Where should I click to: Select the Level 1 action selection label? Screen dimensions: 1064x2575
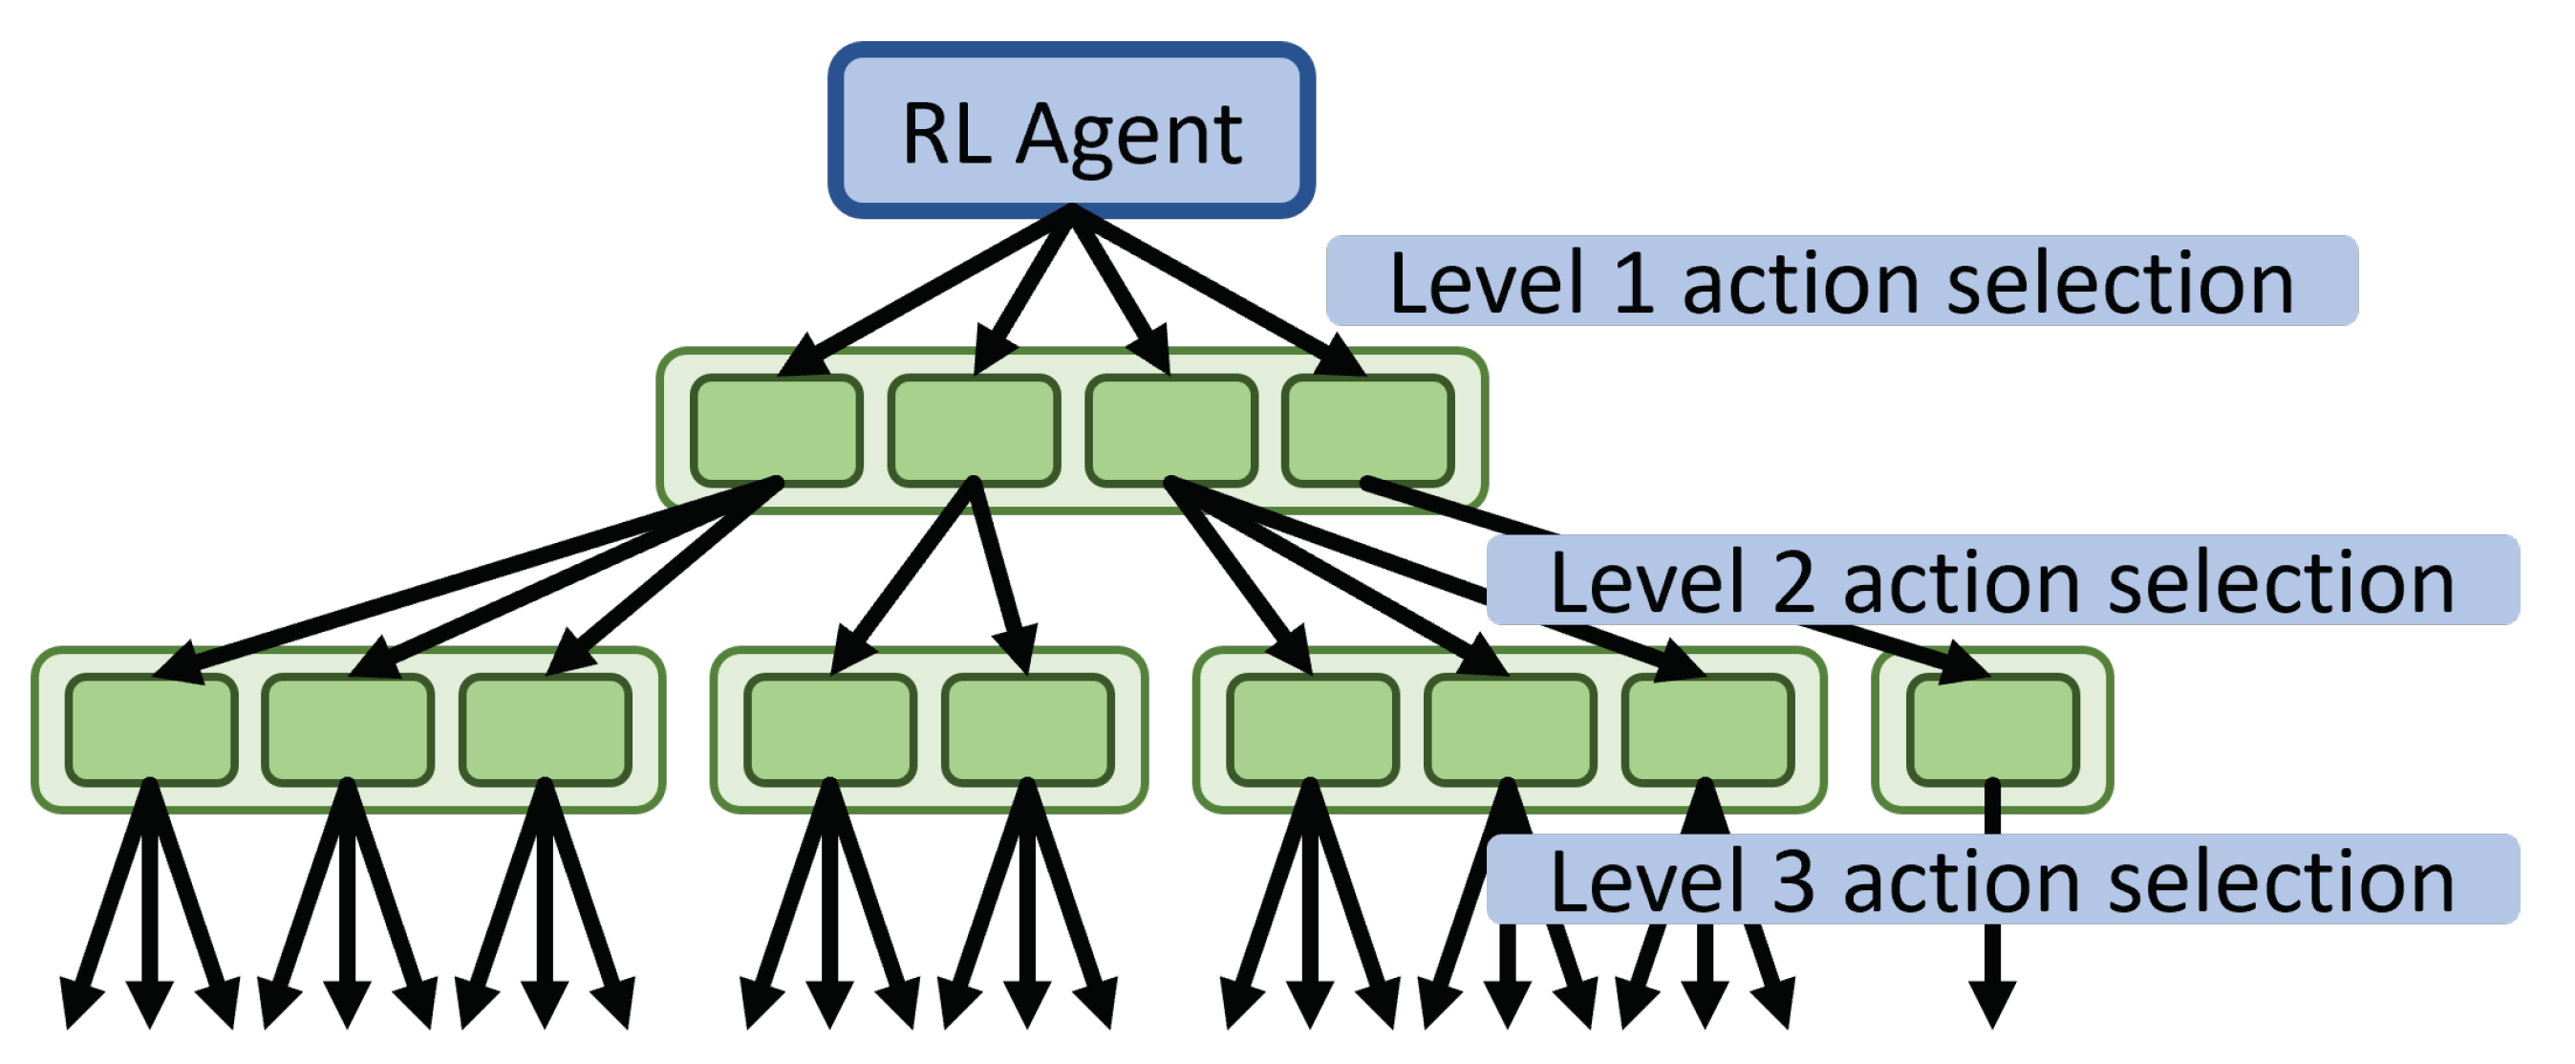1840,282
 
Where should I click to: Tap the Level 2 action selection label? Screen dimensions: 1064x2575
2003,581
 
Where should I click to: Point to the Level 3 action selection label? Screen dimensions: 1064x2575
2003,880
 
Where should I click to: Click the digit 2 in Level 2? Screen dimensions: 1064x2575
1794,583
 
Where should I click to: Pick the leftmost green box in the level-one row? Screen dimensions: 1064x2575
776,431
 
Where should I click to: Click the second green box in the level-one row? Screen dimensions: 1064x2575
974,431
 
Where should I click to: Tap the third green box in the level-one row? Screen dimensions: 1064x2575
1170,431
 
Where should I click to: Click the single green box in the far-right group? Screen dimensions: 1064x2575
1992,730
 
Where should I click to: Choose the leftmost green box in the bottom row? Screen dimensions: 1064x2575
151,730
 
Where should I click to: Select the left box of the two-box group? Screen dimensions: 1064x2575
829,730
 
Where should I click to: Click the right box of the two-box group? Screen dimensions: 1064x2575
1027,730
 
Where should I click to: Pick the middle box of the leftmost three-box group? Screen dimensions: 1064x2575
348,730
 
